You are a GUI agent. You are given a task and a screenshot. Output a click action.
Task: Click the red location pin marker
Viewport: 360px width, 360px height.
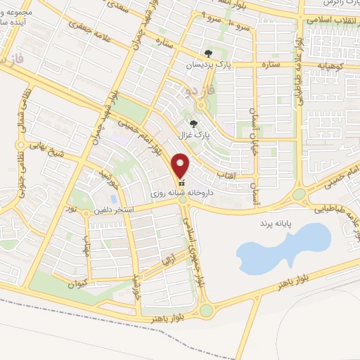point(182,165)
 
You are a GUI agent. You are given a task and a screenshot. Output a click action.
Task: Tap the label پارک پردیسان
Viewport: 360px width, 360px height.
point(208,65)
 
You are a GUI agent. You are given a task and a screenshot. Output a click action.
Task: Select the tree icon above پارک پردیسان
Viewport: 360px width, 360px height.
point(208,53)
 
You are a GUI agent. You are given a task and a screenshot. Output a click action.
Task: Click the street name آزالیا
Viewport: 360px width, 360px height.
point(174,262)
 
